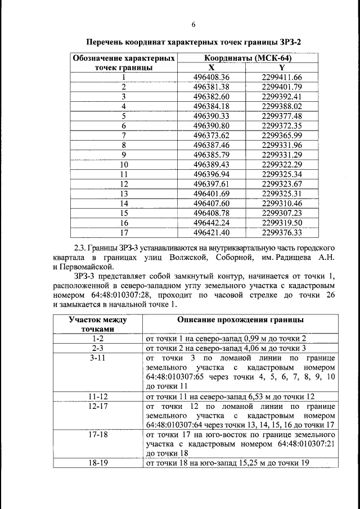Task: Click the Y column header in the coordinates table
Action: [x=282, y=67]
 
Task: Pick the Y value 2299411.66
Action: [x=282, y=77]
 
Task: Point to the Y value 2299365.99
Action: [x=282, y=135]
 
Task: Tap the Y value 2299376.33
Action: [x=282, y=232]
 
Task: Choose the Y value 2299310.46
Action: [x=282, y=203]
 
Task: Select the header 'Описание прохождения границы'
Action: [x=241, y=319]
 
